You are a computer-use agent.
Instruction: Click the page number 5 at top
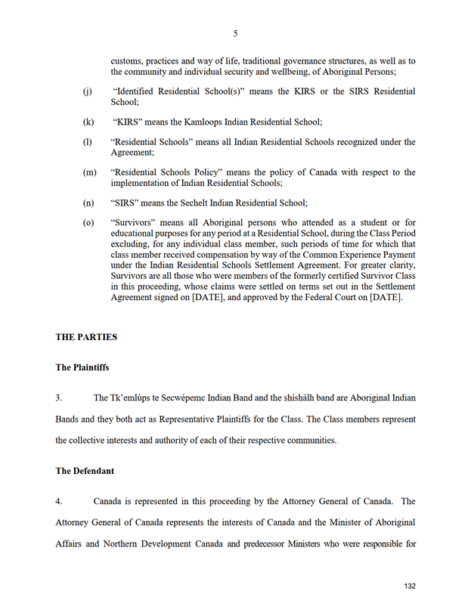coord(235,33)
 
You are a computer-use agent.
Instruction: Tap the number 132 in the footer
coord(410,587)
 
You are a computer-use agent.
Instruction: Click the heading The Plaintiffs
coord(82,367)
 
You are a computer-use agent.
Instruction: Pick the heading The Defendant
coord(85,471)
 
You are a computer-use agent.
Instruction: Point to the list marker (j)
coord(88,91)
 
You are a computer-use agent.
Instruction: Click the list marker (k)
coord(88,122)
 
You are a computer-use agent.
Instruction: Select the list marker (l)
coord(88,142)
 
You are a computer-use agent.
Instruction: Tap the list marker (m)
coord(89,172)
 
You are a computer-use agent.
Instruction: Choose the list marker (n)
coord(88,203)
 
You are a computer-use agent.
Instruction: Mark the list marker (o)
coord(88,223)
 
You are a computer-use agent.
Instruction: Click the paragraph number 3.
coord(60,398)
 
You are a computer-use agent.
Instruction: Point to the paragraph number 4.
coord(60,501)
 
